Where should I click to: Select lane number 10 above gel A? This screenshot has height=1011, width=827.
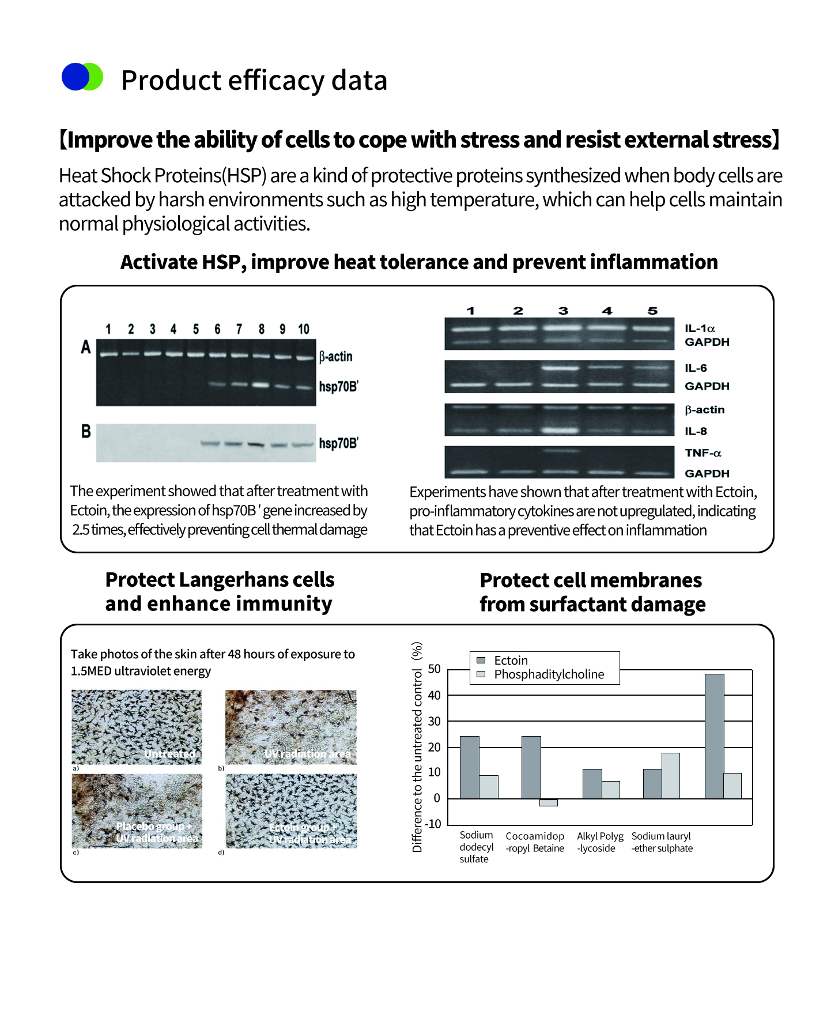coord(304,329)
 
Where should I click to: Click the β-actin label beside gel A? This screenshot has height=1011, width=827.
coord(336,356)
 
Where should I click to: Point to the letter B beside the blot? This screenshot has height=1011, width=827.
coord(86,431)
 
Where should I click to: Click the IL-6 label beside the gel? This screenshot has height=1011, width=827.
coord(696,368)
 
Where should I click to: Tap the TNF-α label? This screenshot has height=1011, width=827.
coord(703,453)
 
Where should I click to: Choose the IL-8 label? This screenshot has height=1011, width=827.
coord(696,431)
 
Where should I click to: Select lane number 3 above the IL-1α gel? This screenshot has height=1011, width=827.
coord(563,311)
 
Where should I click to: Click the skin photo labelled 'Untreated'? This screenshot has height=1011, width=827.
coord(137,727)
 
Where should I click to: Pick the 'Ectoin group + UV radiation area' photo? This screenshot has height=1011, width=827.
coord(291,810)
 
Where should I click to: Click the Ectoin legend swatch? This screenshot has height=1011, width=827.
coord(481,660)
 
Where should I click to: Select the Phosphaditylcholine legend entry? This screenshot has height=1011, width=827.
coord(549,674)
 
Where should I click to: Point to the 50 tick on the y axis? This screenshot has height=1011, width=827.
coord(434,669)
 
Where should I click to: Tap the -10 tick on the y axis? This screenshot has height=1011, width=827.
coord(432,824)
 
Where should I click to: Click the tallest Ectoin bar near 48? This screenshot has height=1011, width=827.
coord(714,736)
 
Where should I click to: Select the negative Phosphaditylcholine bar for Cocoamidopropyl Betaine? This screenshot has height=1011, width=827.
coord(548,802)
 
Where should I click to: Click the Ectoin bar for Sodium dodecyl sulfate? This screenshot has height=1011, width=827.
coord(469,767)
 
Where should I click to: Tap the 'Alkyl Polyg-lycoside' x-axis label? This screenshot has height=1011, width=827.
coord(599,842)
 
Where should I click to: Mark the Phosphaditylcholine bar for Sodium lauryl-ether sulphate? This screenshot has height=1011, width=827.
coord(670,775)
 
